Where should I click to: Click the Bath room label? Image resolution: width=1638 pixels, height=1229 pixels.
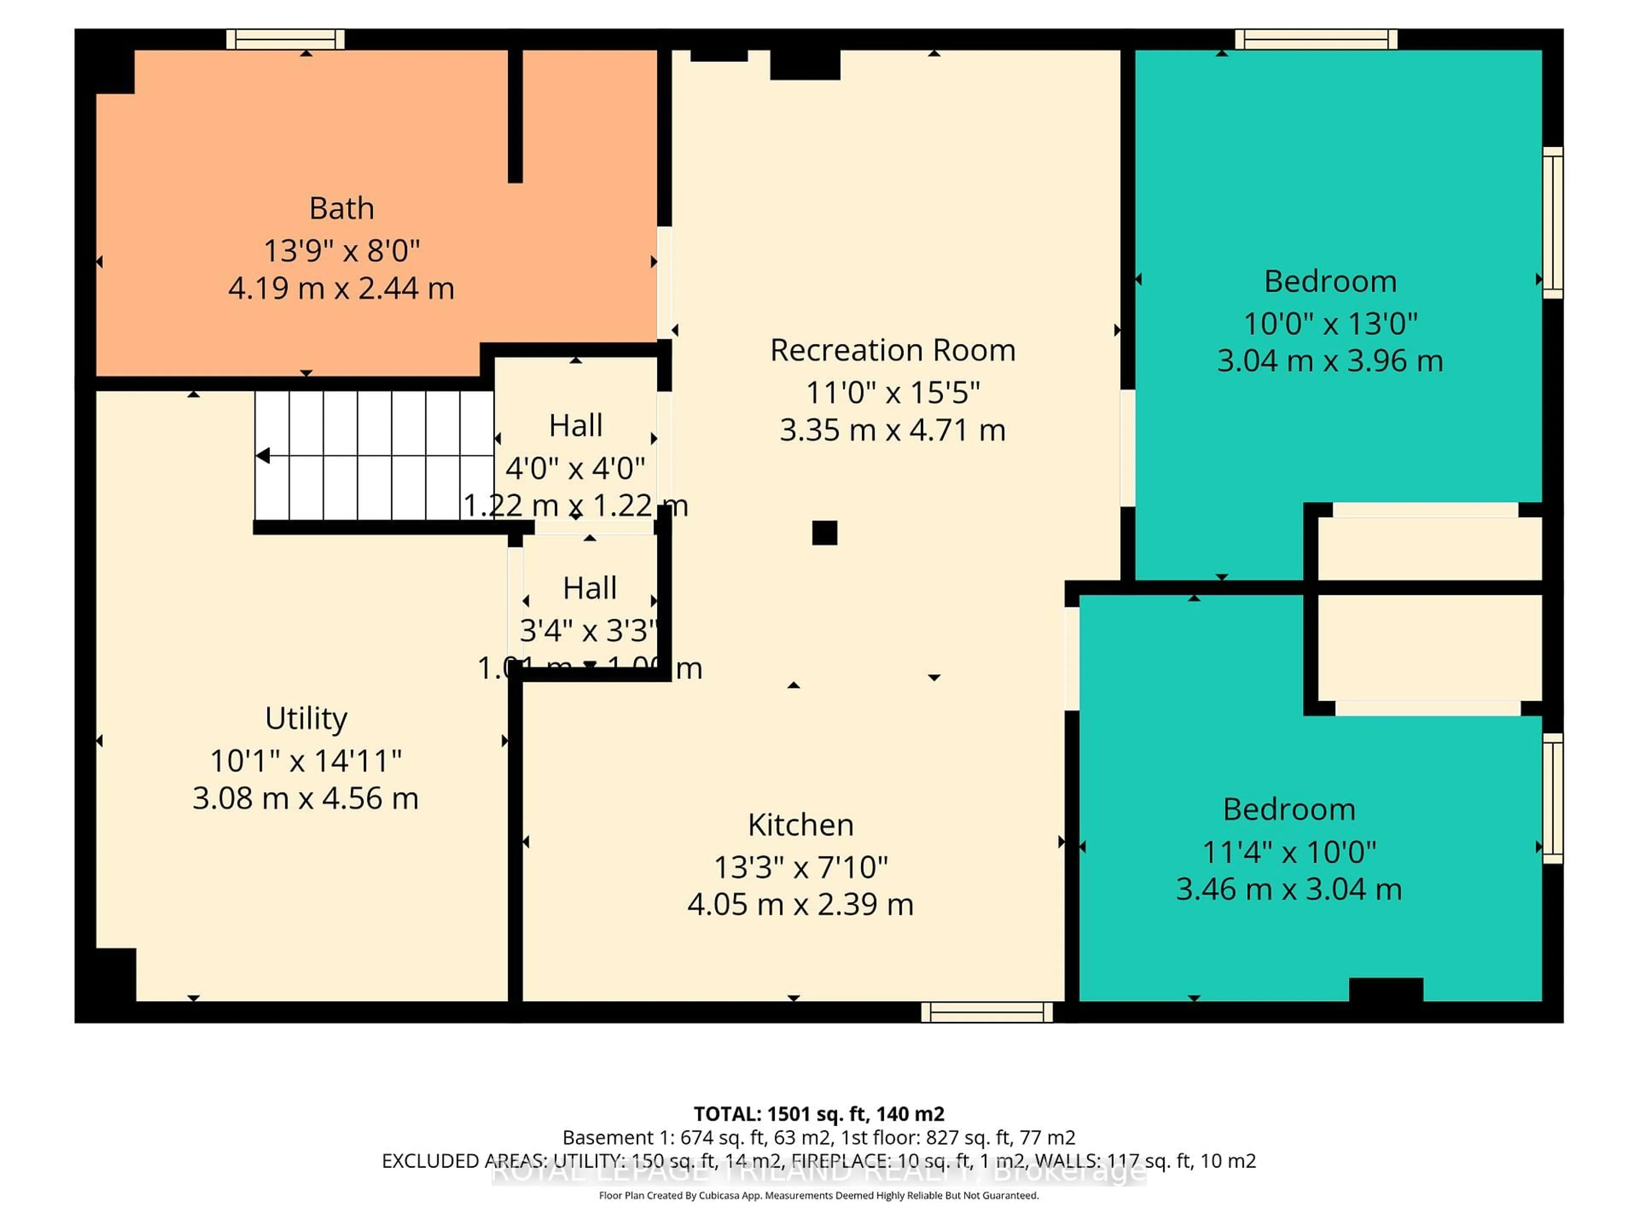pos(341,209)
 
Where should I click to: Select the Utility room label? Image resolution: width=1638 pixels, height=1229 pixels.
pos(306,719)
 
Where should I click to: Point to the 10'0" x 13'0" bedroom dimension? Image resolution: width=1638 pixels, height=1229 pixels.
pos(1330,324)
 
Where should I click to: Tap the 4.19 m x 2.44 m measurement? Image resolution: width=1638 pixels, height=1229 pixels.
pos(341,288)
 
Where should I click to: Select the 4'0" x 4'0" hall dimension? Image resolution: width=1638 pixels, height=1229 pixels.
pos(575,468)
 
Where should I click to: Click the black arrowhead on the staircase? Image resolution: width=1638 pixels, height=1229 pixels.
pos(263,456)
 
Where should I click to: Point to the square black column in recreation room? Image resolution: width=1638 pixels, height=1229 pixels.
pos(824,533)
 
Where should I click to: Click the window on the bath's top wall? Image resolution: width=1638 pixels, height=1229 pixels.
pos(285,39)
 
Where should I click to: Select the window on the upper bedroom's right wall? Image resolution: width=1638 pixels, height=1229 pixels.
pos(1553,222)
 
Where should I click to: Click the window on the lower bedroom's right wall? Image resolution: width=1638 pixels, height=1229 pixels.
pos(1553,798)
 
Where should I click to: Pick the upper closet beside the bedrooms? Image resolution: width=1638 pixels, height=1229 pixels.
pos(1429,548)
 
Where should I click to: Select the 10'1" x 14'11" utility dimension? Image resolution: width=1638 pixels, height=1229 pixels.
pos(306,761)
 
